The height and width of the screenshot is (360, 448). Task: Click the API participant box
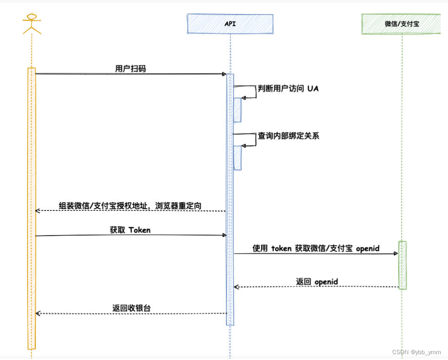(x=230, y=24)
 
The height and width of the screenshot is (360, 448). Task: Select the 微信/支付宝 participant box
(x=402, y=24)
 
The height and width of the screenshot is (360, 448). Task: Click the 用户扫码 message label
(x=130, y=69)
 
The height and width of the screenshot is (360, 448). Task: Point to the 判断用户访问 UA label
(x=288, y=89)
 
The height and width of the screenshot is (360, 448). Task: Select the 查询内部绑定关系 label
(x=288, y=136)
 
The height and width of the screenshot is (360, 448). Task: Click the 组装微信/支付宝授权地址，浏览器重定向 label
(x=130, y=206)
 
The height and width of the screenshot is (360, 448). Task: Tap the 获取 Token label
(x=130, y=230)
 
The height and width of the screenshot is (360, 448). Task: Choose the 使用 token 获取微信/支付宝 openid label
(x=316, y=248)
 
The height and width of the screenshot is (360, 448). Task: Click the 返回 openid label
(x=317, y=282)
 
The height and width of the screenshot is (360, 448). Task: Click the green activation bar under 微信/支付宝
(x=403, y=265)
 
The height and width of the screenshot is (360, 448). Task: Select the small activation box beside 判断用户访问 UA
(x=238, y=110)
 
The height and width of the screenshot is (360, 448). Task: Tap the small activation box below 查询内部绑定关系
(x=238, y=158)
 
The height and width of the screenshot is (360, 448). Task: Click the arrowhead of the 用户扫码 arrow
(x=224, y=74)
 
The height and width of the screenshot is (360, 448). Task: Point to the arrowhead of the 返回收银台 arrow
(x=38, y=314)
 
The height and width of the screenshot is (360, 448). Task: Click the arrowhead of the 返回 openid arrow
(x=237, y=287)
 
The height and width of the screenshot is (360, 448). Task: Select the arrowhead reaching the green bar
(x=396, y=253)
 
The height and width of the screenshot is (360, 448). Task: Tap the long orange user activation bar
(x=31, y=208)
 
